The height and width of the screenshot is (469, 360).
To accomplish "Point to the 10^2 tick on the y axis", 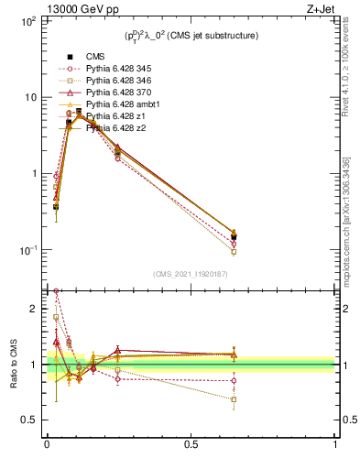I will pyautogui.click(x=27, y=20).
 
